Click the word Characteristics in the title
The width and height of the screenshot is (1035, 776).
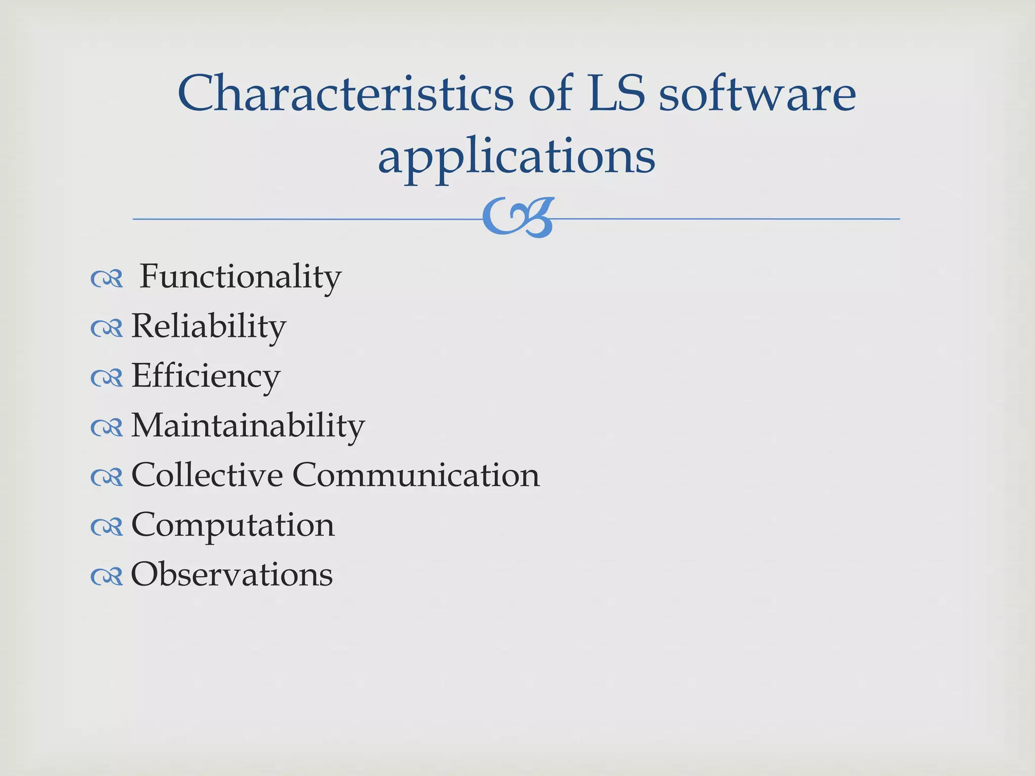click(x=345, y=93)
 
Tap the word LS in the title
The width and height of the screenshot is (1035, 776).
click(x=617, y=93)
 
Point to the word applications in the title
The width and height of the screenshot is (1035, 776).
click(x=516, y=157)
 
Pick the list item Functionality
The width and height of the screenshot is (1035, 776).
click(x=240, y=277)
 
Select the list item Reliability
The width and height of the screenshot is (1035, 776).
click(x=209, y=326)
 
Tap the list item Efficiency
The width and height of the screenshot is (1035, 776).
click(x=206, y=376)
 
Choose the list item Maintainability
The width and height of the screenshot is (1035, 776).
click(x=248, y=425)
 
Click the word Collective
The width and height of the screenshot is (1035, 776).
click(x=207, y=475)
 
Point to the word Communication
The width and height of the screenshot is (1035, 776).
click(x=416, y=475)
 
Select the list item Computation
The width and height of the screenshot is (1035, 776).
click(x=233, y=525)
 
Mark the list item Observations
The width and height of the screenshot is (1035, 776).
click(x=232, y=574)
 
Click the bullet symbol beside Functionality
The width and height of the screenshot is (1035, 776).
click(x=107, y=279)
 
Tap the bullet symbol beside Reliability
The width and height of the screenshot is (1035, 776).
click(x=107, y=328)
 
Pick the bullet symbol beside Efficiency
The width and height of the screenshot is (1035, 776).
click(x=107, y=378)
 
